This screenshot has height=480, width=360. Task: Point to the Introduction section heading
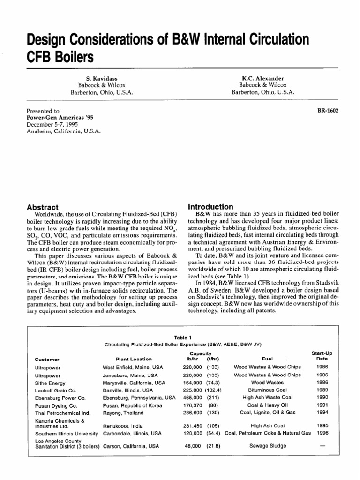click(x=210, y=207)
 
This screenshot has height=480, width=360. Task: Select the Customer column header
click(x=47, y=359)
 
